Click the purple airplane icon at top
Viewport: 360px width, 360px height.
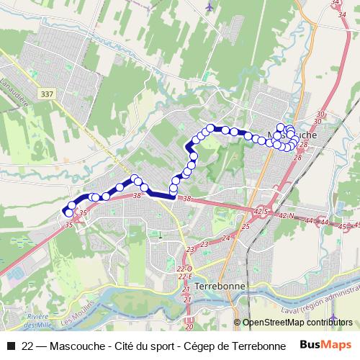[x=209, y=6]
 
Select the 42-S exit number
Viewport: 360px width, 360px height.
[x=261, y=211]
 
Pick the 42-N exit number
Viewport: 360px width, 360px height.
[x=287, y=216]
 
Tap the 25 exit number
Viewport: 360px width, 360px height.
[x=245, y=227]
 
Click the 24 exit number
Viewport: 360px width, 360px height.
[x=225, y=238]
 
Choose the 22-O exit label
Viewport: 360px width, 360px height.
[x=191, y=269]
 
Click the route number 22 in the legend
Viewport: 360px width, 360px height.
[x=27, y=346]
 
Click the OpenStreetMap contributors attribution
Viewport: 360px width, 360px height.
[x=297, y=323]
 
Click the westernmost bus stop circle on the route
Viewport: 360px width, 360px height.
[x=68, y=212]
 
